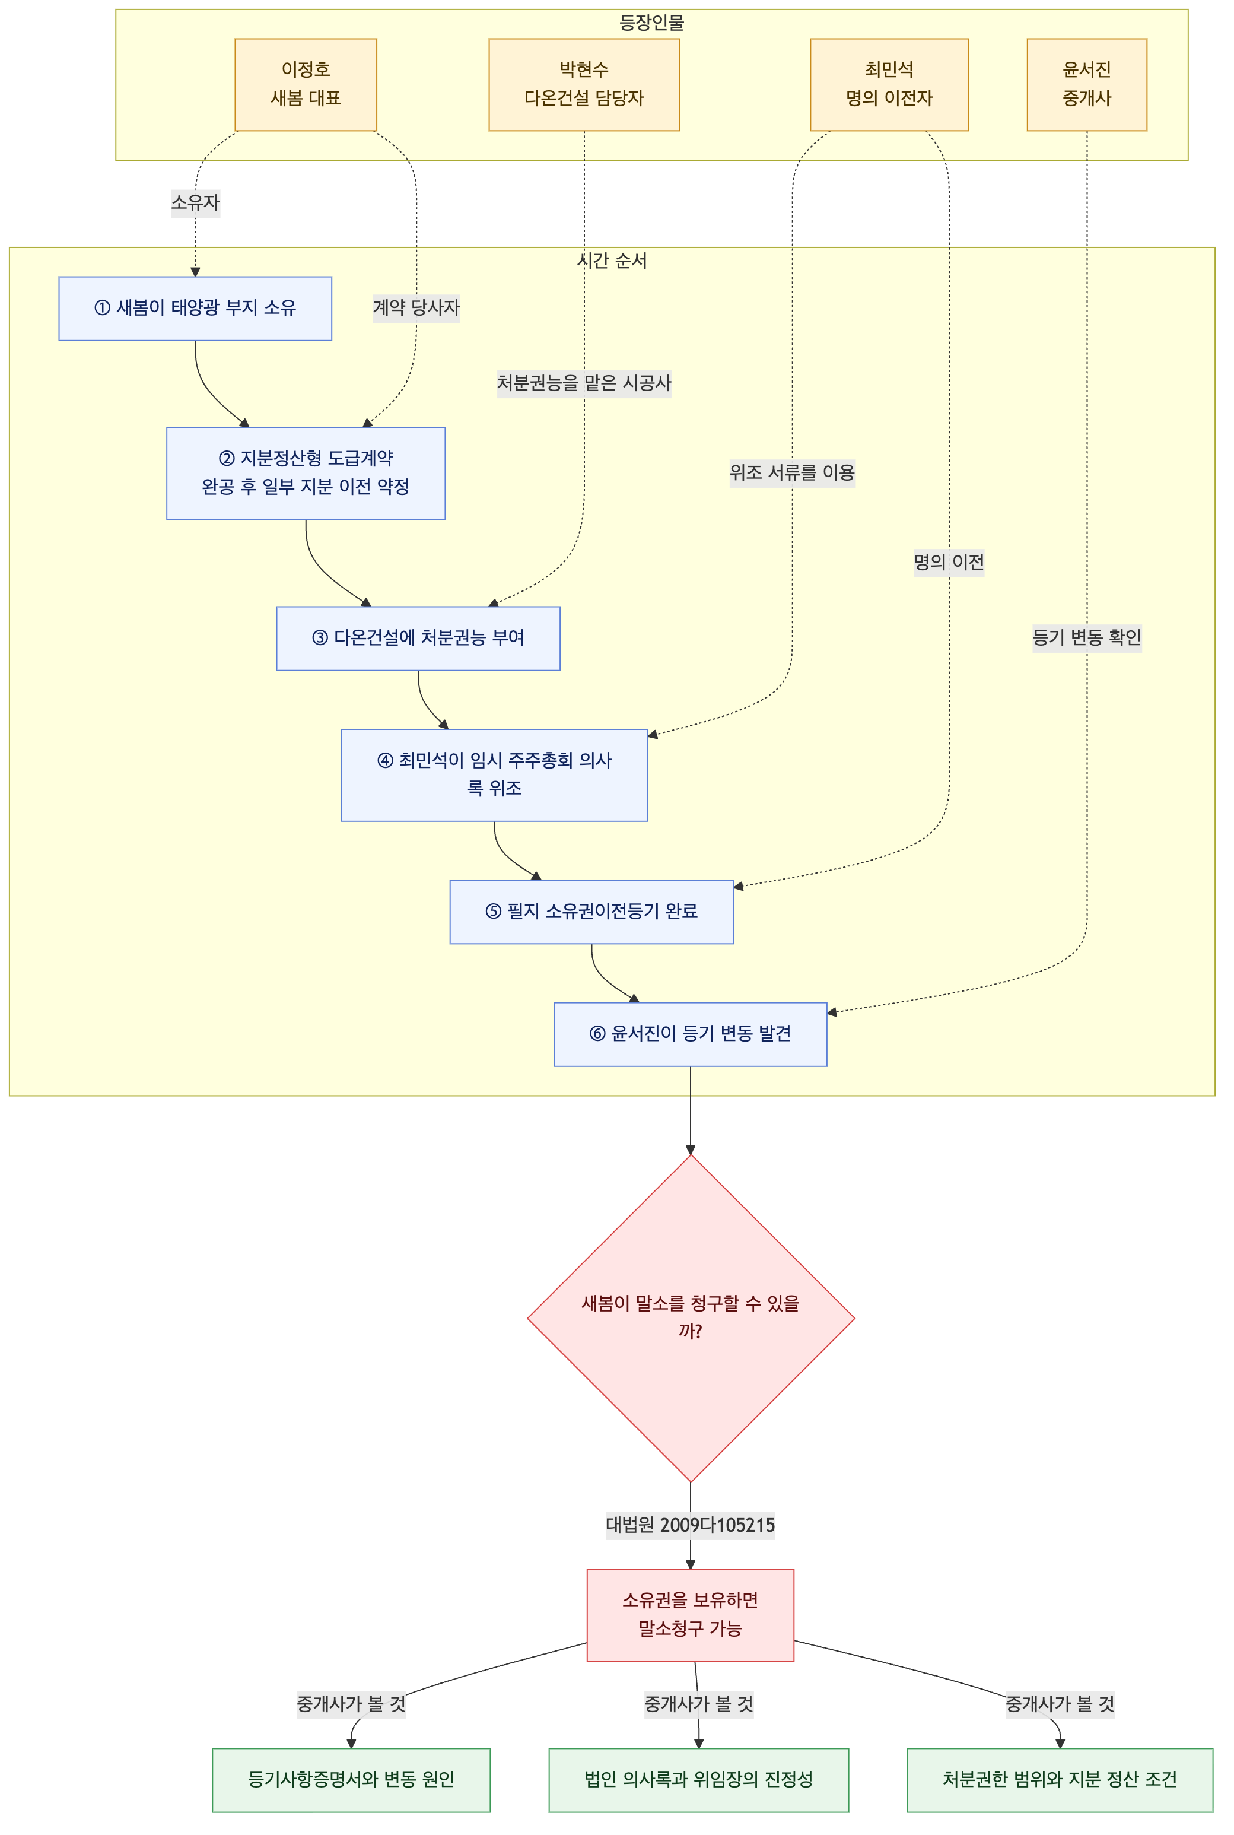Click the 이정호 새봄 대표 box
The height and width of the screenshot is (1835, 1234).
pyautogui.click(x=306, y=84)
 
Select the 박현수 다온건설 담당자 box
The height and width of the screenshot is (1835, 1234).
pyautogui.click(x=584, y=84)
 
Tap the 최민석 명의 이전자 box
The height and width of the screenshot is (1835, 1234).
pyautogui.click(x=889, y=84)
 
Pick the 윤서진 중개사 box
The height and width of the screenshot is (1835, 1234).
pyautogui.click(x=1087, y=84)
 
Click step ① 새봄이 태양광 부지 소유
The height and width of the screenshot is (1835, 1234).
pyautogui.click(x=195, y=309)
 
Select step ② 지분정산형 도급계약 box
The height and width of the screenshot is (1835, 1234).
pyautogui.click(x=306, y=473)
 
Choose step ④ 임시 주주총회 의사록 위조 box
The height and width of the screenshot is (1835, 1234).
pyautogui.click(x=494, y=774)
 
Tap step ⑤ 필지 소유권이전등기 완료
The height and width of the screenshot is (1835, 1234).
pyautogui.click(x=592, y=912)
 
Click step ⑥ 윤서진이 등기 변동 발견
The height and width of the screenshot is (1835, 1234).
pyautogui.click(x=690, y=1034)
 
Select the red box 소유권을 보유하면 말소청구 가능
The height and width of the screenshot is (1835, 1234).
pyautogui.click(x=690, y=1615)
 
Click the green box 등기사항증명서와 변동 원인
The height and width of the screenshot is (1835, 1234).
pyautogui.click(x=351, y=1780)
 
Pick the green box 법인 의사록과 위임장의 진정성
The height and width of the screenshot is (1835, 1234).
pyautogui.click(x=699, y=1780)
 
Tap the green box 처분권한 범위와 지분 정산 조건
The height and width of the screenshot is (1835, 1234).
pyautogui.click(x=1060, y=1780)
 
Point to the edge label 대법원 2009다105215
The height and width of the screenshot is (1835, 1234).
pyautogui.click(x=690, y=1525)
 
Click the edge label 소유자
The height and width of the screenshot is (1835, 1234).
pyautogui.click(x=195, y=202)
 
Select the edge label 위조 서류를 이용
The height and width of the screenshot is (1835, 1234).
pyautogui.click(x=791, y=472)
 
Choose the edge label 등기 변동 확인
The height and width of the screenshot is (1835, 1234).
pyautogui.click(x=1087, y=637)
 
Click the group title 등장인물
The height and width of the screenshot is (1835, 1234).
pyautogui.click(x=651, y=22)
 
